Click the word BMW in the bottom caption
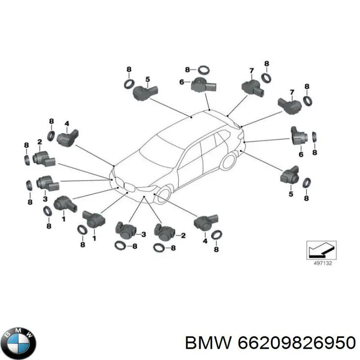pyautogui.click(x=208, y=343)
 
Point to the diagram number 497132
pyautogui.click(x=323, y=263)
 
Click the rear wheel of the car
pyautogui.click(x=229, y=162)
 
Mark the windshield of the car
pyautogui.click(x=158, y=151)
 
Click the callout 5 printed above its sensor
pyautogui.click(x=148, y=80)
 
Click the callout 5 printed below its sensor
pyautogui.click(x=291, y=194)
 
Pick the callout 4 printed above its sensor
pyautogui.click(x=67, y=124)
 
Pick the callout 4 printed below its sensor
pyautogui.click(x=205, y=241)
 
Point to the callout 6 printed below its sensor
pyautogui.click(x=301, y=154)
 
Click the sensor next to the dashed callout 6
pyautogui.click(x=203, y=85)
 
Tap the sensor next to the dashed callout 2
pyautogui.click(x=165, y=232)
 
